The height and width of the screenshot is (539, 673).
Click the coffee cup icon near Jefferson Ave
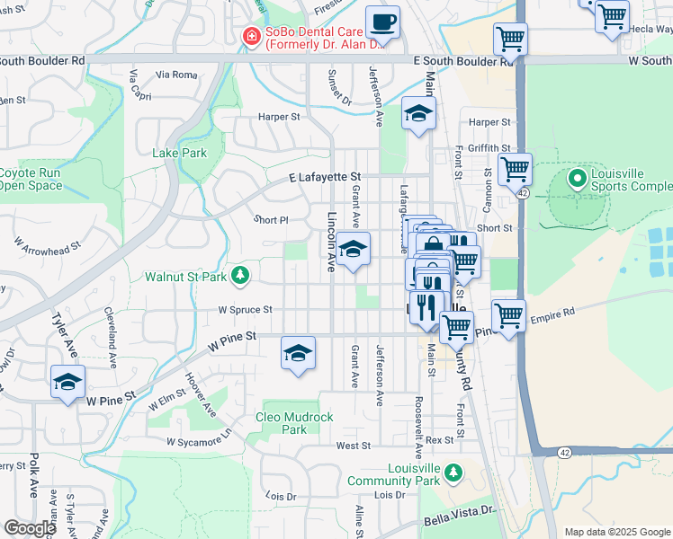tap(383, 22)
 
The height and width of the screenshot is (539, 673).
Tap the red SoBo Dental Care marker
tap(253, 35)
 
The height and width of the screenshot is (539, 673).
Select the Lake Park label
tap(180, 153)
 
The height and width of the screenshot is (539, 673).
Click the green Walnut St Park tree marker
tap(240, 276)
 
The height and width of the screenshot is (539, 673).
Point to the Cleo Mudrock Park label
tap(294, 423)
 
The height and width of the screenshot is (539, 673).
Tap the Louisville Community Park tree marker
tap(454, 472)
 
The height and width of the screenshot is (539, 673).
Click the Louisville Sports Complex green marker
tap(577, 179)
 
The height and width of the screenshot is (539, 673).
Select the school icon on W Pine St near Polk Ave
tap(68, 382)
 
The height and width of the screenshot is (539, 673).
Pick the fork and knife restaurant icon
tap(427, 306)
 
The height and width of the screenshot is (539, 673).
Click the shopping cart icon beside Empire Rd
tap(508, 316)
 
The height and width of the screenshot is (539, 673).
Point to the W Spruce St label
tap(245, 309)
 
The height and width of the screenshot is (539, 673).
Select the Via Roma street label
tap(175, 75)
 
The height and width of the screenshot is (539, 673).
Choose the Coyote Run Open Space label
tap(31, 180)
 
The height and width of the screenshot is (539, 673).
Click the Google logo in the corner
tap(29, 528)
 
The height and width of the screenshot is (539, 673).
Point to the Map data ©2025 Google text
tap(616, 532)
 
